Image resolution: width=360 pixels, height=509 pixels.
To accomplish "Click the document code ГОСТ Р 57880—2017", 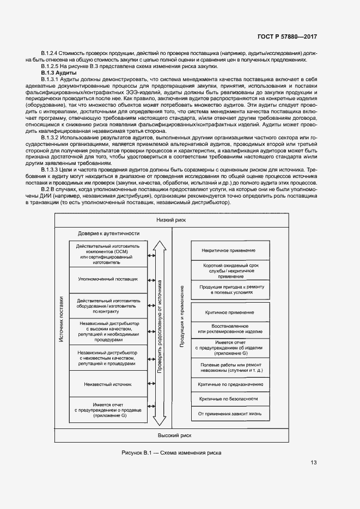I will tap(287, 37).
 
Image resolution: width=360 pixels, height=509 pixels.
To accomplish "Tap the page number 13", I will tap(314, 463).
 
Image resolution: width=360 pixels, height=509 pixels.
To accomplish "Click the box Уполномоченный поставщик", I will tap(108, 279).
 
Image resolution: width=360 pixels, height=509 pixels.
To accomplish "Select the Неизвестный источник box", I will tap(108, 384).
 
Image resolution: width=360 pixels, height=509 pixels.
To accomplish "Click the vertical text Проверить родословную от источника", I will tap(160, 327).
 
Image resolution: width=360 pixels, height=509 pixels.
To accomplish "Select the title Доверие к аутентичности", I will tap(108, 233).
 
